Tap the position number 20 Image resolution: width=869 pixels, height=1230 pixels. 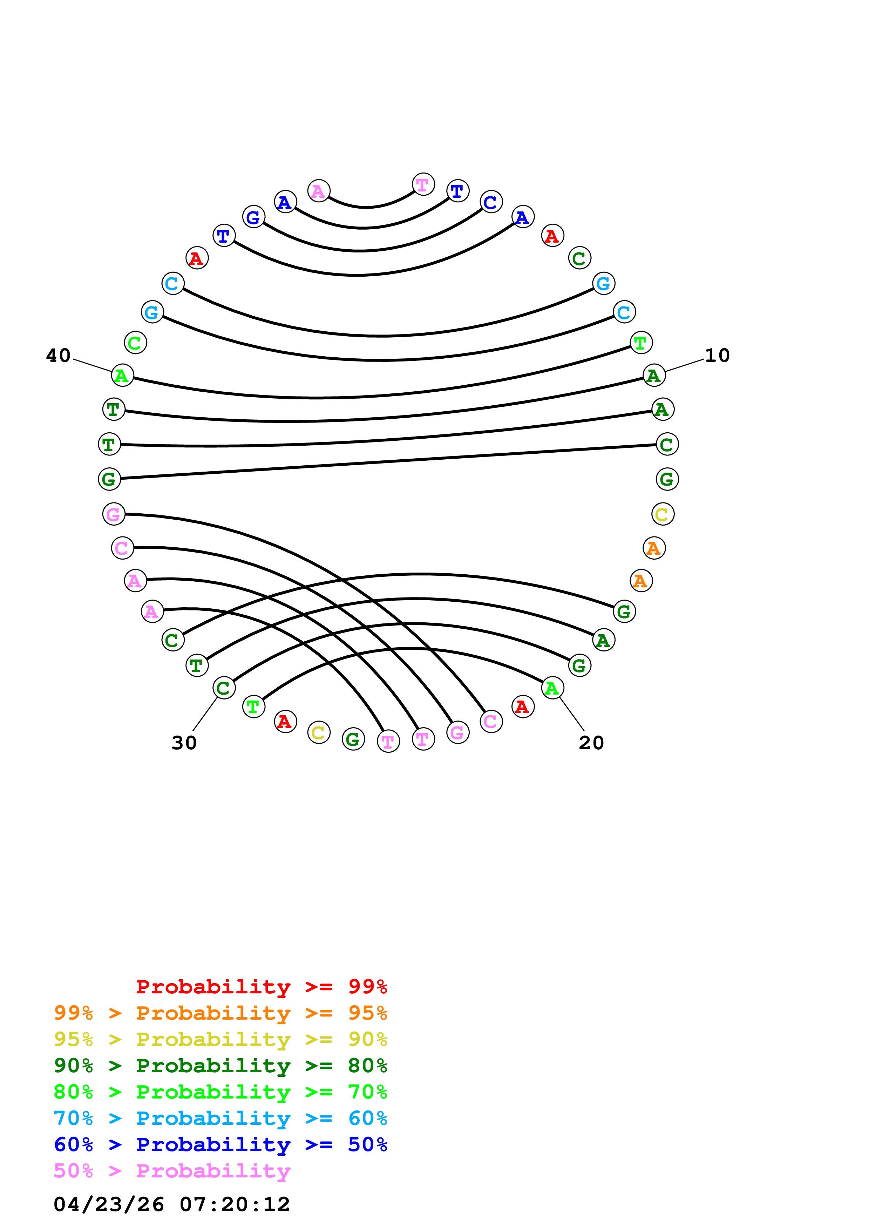(x=591, y=743)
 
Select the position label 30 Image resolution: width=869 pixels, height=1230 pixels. (x=184, y=743)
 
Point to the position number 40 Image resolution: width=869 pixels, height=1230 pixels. (x=58, y=356)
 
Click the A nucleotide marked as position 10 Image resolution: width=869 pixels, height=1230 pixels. (x=654, y=376)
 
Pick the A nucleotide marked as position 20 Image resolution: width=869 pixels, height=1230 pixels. (x=552, y=688)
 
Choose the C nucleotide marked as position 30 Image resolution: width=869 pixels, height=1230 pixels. (x=224, y=688)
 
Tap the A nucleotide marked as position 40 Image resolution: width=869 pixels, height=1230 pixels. (x=122, y=376)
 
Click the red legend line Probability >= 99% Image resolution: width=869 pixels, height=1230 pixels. (x=261, y=987)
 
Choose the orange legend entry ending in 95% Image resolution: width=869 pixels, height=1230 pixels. (x=220, y=1013)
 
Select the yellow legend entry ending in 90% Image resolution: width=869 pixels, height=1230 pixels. (x=220, y=1039)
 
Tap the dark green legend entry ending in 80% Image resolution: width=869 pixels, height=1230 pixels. (x=220, y=1066)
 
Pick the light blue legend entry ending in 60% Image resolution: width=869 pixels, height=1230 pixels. (x=220, y=1118)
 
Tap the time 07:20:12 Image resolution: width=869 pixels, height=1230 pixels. (x=235, y=1204)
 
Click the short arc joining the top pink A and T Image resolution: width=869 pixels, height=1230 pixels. (x=367, y=207)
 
